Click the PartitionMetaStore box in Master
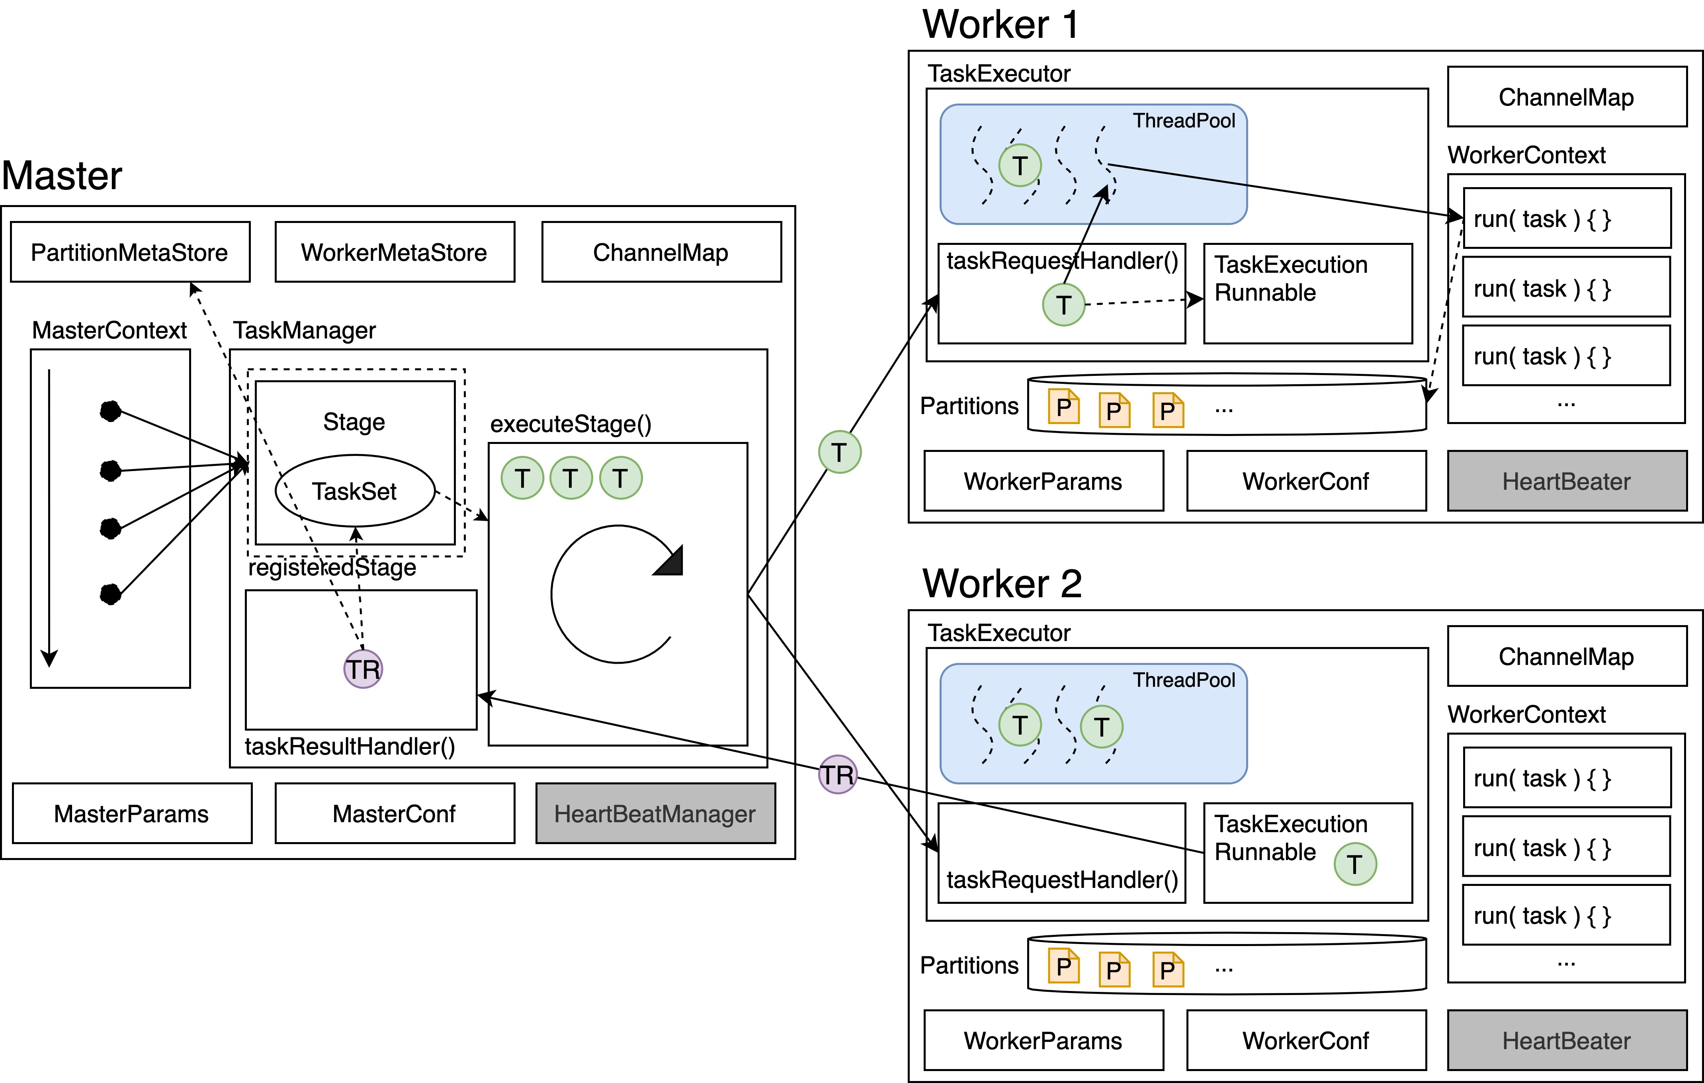tap(130, 252)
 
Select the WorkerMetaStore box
tap(394, 252)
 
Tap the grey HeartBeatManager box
tap(655, 813)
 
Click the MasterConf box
tap(394, 813)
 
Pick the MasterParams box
tap(132, 813)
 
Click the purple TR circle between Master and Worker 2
tap(838, 774)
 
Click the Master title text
tap(62, 176)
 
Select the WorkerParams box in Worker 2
tap(1043, 1040)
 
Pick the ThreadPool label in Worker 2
tap(1184, 680)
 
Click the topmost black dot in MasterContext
tap(110, 411)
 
